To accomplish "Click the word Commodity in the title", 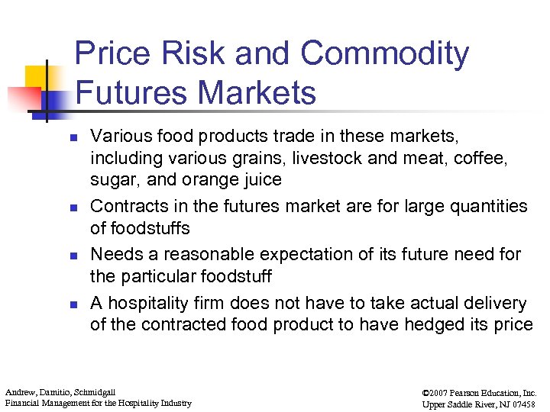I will (384, 54).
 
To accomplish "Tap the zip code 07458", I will (522, 403).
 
